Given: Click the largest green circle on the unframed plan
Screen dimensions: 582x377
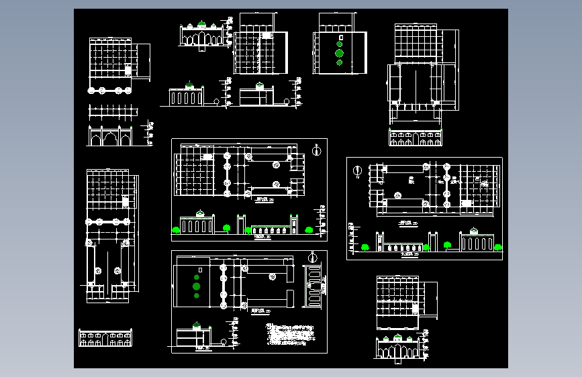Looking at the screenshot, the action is point(339,52).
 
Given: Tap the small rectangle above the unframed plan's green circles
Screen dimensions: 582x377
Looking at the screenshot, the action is point(340,37).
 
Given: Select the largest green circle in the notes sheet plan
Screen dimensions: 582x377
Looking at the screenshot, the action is point(197,286).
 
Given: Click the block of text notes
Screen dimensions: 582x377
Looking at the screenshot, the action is point(291,333).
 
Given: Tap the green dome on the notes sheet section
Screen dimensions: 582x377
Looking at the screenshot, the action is point(196,326).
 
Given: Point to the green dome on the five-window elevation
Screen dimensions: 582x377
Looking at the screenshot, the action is point(189,86).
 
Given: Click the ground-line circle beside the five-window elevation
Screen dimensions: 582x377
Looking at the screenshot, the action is point(215,102).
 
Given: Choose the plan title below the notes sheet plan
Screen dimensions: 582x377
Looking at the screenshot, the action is point(256,311).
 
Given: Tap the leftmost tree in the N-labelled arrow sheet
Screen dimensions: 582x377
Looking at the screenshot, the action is point(366,247).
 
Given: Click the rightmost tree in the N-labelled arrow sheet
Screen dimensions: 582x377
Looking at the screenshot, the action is point(498,247).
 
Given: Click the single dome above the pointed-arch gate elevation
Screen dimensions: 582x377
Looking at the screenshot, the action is point(397,337).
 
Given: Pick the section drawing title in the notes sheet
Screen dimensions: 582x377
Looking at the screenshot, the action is point(200,349).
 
